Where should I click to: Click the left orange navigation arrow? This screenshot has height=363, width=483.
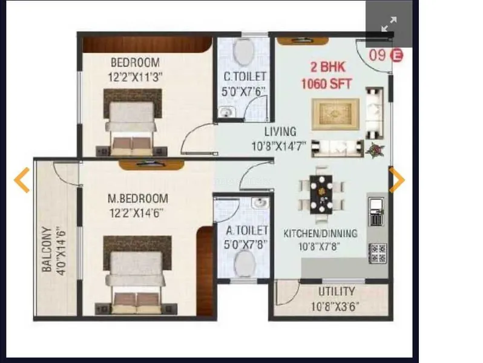pos(22,180)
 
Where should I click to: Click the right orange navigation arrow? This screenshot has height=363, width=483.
pos(397,180)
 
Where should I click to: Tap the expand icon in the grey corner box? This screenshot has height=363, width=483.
pos(389,24)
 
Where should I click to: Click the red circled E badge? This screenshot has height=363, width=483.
pos(396,56)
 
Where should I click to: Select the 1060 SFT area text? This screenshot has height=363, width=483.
pos(326,83)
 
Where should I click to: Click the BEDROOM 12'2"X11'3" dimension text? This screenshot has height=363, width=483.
pos(135,77)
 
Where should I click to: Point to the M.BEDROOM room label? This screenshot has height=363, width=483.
pos(138,198)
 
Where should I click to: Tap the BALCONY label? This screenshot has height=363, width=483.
pos(47,250)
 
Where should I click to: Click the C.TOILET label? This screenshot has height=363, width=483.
pos(245,77)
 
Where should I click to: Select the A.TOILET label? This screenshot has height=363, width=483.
pos(247,231)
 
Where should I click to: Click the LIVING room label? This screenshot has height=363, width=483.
pos(280,132)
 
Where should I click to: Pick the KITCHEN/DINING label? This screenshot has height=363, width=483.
pos(320,234)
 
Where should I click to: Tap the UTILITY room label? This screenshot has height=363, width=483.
pos(337,291)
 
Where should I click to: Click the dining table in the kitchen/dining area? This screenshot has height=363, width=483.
pos(321,194)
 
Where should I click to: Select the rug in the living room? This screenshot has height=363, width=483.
pos(335,114)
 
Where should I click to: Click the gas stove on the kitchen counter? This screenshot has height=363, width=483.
pos(378,253)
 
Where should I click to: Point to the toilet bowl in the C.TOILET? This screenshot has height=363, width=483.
pos(244,51)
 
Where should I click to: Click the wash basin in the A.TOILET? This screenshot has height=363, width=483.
pos(260,203)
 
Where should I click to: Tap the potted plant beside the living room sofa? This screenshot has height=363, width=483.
pos(375,150)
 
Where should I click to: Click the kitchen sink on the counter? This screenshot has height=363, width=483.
pos(376,204)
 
